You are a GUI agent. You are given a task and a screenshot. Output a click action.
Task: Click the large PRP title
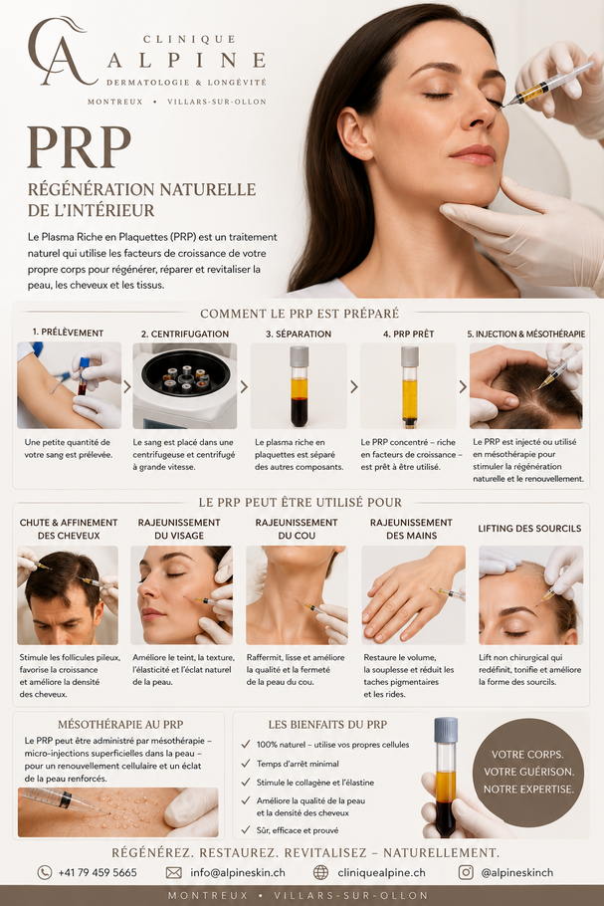80,147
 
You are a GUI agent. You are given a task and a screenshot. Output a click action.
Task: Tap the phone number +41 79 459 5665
97,872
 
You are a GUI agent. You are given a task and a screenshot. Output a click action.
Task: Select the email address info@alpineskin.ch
238,872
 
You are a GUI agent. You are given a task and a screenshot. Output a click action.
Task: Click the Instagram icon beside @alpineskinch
466,872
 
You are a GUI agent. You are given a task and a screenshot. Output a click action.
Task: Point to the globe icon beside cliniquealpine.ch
320,872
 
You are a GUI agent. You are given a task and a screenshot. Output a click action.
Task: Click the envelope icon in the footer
174,872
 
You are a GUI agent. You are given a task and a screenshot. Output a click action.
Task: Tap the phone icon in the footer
45,872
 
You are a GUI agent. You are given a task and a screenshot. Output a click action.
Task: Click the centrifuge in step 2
185,385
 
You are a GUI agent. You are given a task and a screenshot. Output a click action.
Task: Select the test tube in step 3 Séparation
299,385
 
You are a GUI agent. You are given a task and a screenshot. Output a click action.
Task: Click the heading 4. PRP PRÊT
408,334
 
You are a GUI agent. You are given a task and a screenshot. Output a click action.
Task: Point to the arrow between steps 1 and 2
127,386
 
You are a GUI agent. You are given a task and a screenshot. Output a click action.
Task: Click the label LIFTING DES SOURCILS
529,528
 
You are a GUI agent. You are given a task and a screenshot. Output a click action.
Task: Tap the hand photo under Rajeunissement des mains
413,595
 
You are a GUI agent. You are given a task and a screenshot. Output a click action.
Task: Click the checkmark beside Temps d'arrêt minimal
246,764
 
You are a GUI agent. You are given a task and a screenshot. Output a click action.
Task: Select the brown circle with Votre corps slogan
528,772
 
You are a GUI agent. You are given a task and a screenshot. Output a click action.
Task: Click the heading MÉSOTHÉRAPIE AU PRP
120,725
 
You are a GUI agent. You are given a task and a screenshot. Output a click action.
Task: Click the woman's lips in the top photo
474,154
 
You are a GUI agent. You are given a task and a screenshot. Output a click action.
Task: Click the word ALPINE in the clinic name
187,60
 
